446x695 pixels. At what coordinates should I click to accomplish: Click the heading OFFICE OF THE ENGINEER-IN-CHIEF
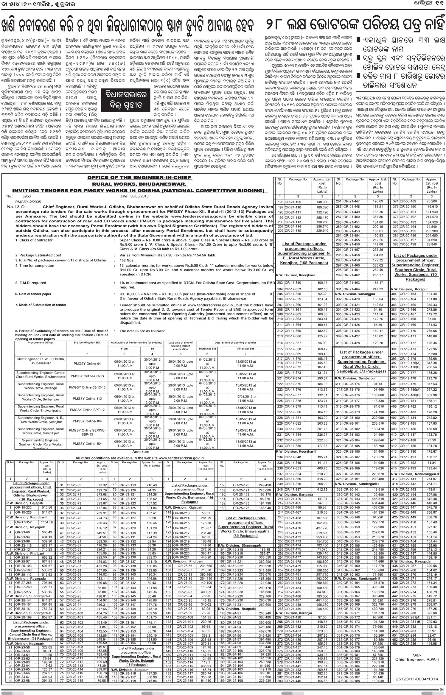[139, 178]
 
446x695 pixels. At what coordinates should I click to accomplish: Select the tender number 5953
[27, 197]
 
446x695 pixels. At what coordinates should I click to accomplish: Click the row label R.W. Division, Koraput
[409, 289]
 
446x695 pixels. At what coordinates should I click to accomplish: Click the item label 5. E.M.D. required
[31, 283]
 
